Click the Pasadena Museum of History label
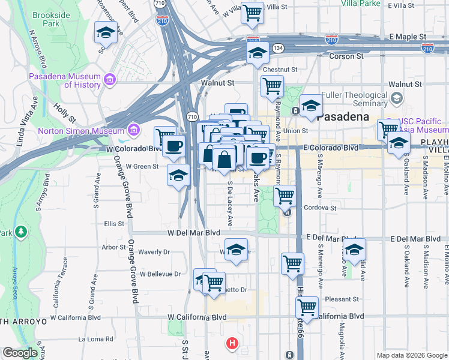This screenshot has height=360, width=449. [x=65, y=80]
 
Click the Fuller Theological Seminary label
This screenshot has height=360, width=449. [x=355, y=99]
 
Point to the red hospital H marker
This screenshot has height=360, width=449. [x=232, y=344]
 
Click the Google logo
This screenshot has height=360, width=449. [x=20, y=353]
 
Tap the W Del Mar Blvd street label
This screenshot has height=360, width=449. [x=191, y=232]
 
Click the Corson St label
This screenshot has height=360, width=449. [x=347, y=56]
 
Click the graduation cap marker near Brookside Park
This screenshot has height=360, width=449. [x=106, y=33]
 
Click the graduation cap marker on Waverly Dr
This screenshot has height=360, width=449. [x=237, y=250]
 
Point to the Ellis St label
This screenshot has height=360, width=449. [x=113, y=224]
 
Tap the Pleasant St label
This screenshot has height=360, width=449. [x=342, y=299]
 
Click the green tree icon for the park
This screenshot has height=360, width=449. [x=21, y=231]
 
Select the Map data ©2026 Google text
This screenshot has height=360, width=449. [x=411, y=355]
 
